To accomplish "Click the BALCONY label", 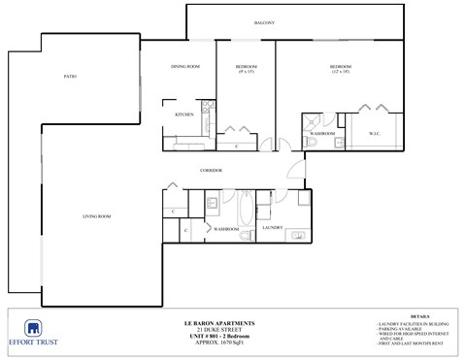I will [265, 22].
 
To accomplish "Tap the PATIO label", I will [70, 76].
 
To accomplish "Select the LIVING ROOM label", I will [97, 215].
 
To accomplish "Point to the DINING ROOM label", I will [185, 66].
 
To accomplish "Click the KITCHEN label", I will [184, 115].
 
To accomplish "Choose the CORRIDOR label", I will [212, 170].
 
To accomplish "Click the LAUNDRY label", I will [273, 228].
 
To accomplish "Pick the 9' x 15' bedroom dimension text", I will [246, 72].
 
